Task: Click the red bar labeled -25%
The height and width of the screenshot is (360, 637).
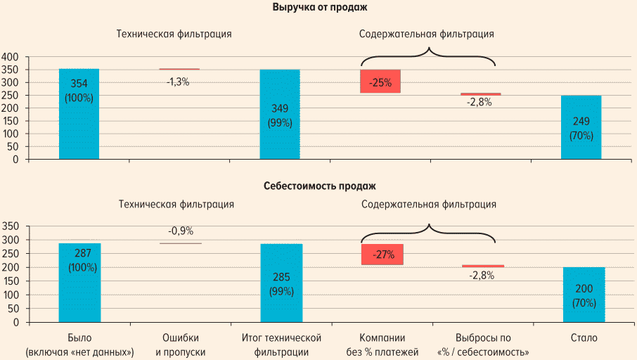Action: tap(380, 82)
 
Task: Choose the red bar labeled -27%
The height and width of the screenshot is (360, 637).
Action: tap(382, 255)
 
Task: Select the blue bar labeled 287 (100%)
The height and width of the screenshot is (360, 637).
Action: tap(79, 283)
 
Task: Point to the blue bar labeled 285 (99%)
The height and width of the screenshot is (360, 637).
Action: tap(281, 283)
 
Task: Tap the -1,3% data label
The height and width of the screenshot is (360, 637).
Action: tap(178, 82)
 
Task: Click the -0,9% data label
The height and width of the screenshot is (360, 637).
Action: tap(181, 231)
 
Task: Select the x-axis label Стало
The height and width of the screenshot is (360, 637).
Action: tap(584, 338)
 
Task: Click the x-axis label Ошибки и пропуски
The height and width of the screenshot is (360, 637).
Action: tap(180, 345)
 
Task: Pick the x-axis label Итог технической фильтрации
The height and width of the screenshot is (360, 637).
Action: tap(281, 345)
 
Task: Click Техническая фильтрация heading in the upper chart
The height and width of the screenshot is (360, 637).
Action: tap(174, 33)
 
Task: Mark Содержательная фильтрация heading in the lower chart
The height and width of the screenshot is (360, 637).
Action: tap(429, 205)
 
